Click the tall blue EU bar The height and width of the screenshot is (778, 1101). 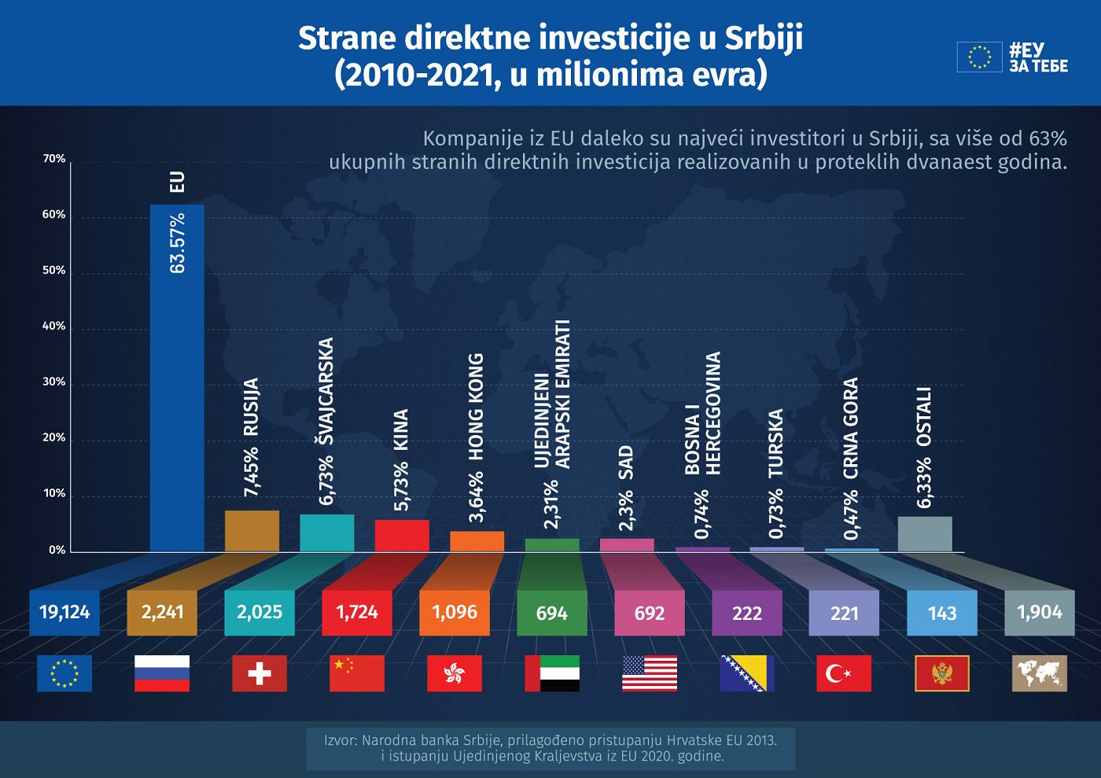[177, 378]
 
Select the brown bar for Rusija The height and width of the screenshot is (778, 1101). [252, 531]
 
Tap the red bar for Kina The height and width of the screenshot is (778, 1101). [402, 536]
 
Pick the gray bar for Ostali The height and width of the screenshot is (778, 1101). [925, 534]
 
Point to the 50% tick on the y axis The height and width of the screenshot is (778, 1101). [54, 271]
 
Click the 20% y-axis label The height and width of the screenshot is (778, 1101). [54, 438]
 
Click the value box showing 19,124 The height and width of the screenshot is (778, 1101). [64, 612]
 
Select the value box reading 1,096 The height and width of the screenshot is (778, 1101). [455, 612]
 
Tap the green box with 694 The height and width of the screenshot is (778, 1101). [552, 613]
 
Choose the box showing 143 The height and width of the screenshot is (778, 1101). [942, 613]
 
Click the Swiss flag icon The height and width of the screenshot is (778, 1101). [260, 673]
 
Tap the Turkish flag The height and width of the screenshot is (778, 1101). [844, 673]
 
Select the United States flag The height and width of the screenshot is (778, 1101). [650, 673]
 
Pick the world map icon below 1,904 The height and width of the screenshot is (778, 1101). [1039, 673]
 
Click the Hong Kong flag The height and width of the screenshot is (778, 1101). [455, 673]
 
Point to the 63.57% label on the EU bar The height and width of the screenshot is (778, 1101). [178, 243]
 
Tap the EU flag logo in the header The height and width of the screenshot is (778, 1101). [979, 57]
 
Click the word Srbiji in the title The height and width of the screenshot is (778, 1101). [763, 38]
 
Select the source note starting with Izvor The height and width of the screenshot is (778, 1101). [550, 748]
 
